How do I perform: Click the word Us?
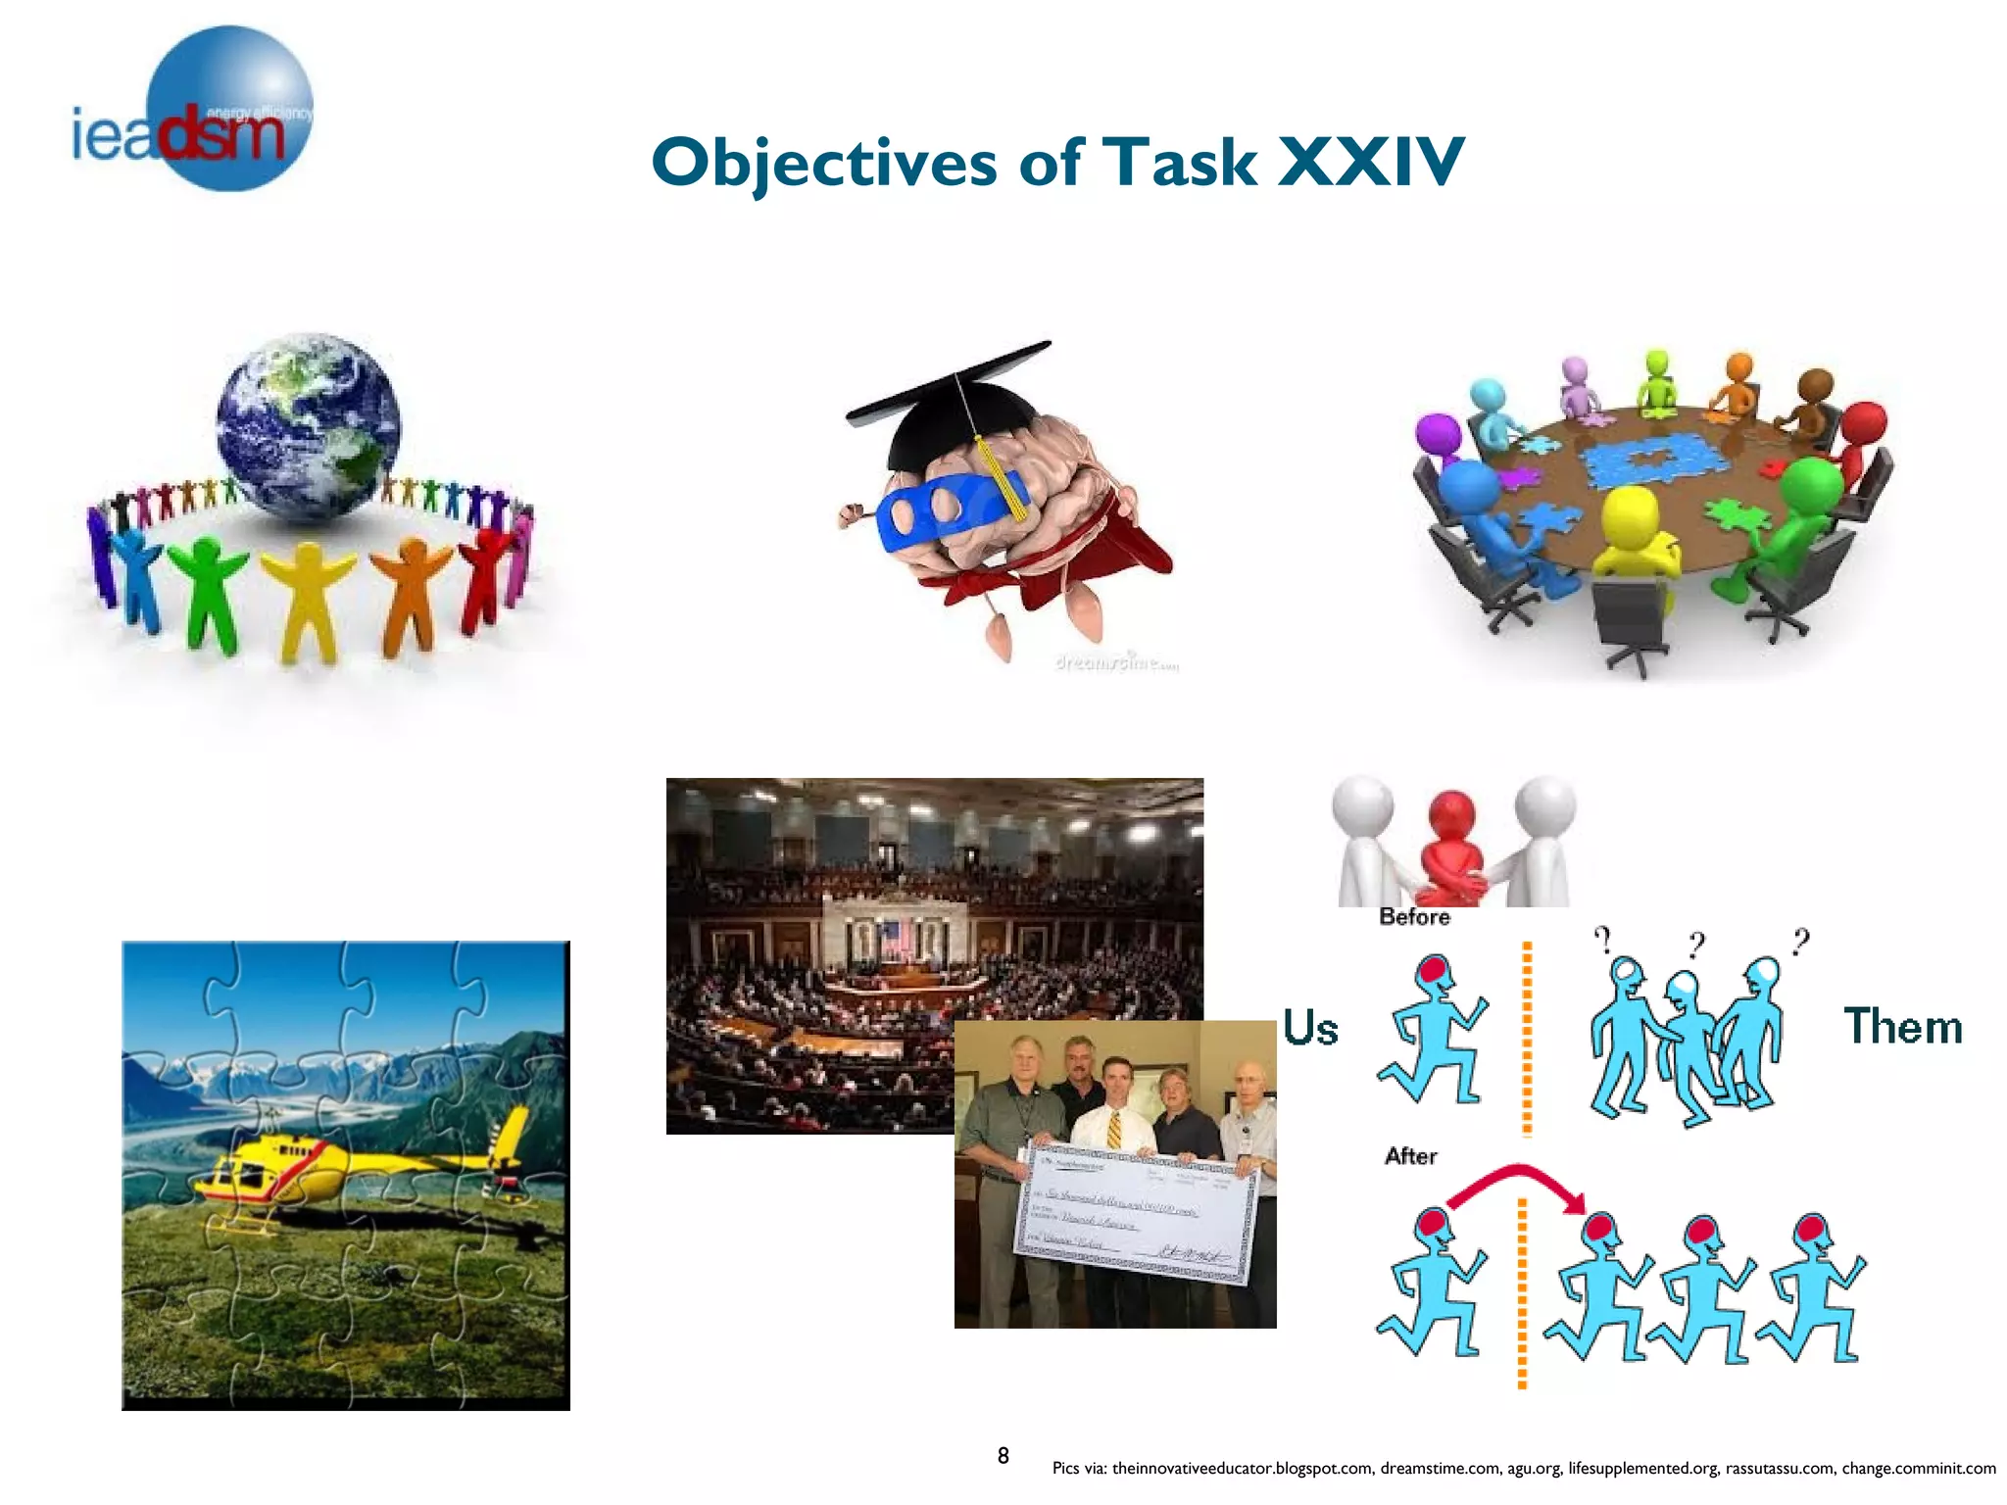1310,1029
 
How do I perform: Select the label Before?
1414,917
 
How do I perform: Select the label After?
1410,1156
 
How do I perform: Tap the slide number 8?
1003,1456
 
